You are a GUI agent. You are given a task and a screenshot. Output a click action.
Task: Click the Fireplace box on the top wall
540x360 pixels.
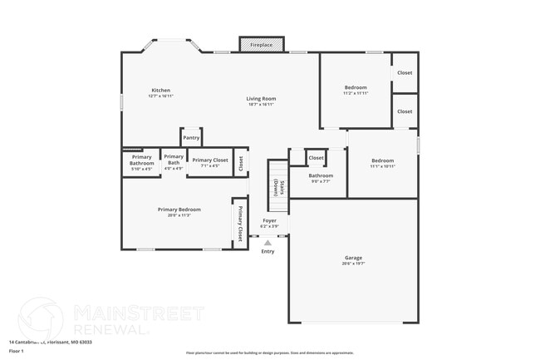click(262, 45)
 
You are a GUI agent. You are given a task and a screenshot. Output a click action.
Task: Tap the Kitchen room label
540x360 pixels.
click(160, 90)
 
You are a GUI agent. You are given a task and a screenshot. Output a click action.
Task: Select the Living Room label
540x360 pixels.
click(261, 99)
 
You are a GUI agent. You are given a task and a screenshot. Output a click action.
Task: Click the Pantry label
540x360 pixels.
click(191, 138)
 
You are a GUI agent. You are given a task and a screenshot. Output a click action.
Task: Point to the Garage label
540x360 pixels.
click(353, 258)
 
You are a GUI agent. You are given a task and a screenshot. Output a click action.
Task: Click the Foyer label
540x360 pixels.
click(269, 220)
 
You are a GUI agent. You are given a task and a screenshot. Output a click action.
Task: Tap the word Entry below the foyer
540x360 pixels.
click(268, 251)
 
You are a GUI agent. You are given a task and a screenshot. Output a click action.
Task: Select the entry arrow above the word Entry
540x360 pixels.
click(268, 243)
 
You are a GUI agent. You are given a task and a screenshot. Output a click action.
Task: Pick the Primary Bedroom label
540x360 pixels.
click(179, 210)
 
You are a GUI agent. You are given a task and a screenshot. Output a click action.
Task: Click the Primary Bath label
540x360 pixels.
click(173, 156)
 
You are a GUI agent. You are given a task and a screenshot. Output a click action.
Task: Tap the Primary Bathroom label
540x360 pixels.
click(141, 160)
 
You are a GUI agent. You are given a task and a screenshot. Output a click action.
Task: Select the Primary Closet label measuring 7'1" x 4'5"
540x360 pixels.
click(209, 160)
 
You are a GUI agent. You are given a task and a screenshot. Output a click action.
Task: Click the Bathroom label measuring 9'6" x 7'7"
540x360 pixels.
click(321, 175)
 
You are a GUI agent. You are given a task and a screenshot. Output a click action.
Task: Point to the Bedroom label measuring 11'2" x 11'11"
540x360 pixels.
click(356, 87)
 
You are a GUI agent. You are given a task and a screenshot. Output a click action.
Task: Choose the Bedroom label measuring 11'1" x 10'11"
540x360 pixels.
click(382, 160)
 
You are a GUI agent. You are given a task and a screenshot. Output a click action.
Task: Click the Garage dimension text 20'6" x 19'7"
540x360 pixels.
click(353, 264)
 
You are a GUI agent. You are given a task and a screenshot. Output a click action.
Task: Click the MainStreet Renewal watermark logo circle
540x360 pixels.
click(40, 319)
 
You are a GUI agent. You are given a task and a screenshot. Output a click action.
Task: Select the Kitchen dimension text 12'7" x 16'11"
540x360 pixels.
click(160, 96)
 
